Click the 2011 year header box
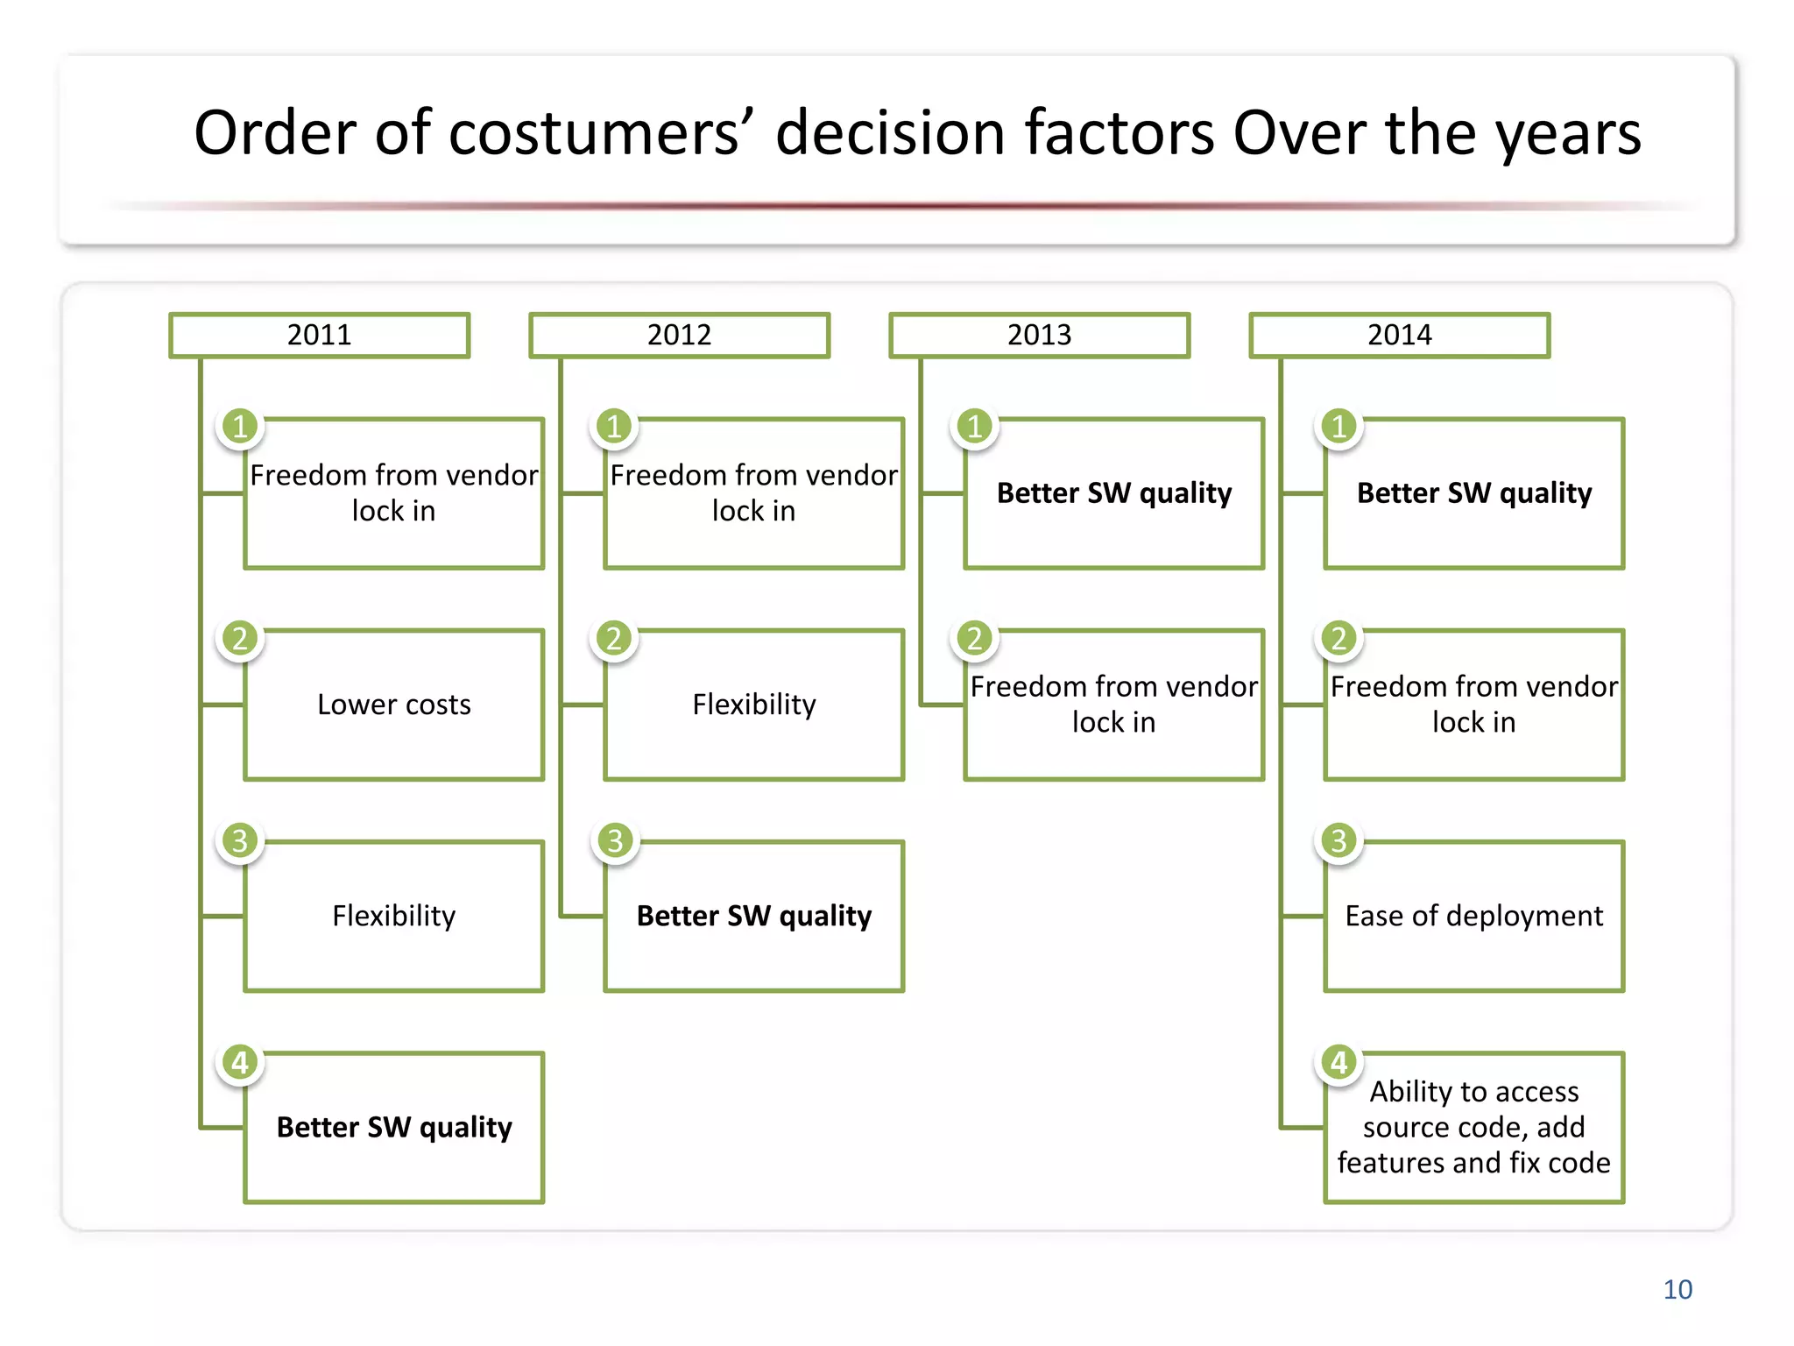point(320,335)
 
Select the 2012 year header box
point(679,335)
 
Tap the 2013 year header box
point(1039,335)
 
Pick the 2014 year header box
point(1399,335)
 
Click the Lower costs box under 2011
point(394,705)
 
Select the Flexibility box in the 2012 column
point(754,705)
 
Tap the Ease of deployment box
point(1474,916)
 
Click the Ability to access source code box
point(1474,1127)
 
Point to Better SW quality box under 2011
point(394,1127)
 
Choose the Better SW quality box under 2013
point(1114,493)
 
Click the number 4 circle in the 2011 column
point(240,1062)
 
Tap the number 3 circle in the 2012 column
point(615,841)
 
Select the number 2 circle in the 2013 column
point(975,638)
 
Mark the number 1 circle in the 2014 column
point(1338,427)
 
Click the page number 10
point(1677,1290)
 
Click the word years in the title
point(1567,133)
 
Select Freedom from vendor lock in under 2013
point(1114,705)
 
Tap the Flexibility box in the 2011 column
point(394,916)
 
